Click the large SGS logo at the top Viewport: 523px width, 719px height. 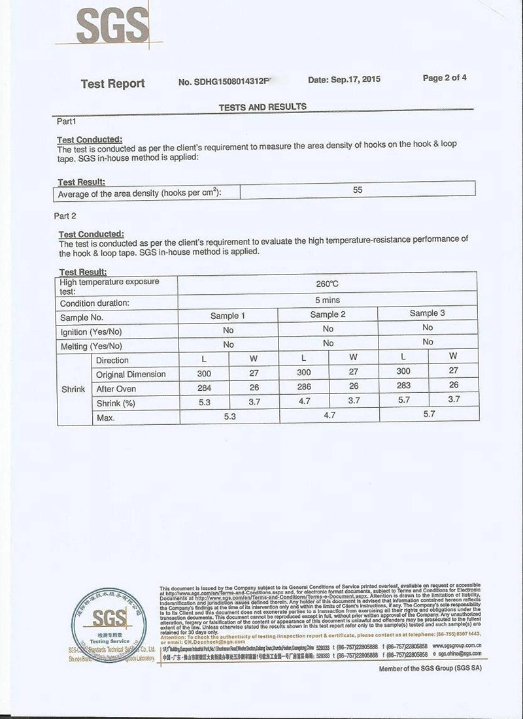point(112,27)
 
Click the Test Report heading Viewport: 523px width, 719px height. point(112,84)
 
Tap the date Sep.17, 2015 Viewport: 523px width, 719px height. point(344,80)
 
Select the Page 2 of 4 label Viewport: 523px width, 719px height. point(445,78)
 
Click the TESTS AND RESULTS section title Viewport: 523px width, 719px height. point(262,107)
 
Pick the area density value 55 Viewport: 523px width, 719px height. point(358,190)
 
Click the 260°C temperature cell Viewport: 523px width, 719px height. point(327,284)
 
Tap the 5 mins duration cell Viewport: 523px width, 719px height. point(328,300)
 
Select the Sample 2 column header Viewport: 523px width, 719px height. point(328,314)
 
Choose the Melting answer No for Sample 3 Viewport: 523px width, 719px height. point(428,342)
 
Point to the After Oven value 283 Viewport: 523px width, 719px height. point(403,386)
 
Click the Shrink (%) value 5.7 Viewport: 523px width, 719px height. point(403,399)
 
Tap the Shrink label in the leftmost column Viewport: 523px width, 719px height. point(73,389)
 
